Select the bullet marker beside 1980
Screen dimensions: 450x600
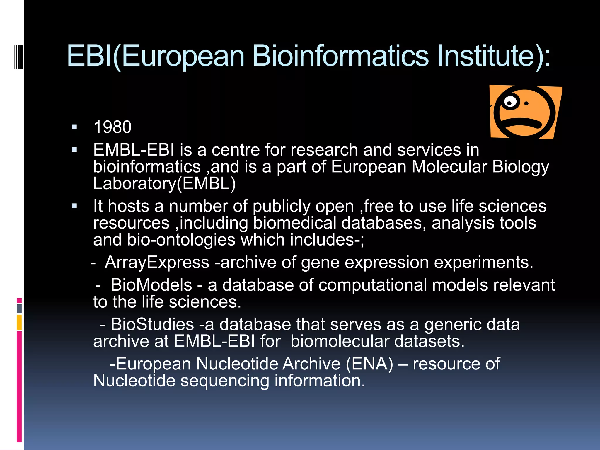point(74,127)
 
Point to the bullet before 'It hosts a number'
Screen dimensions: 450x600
point(74,206)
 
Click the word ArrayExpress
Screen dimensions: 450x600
point(157,262)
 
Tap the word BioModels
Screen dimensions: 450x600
point(151,285)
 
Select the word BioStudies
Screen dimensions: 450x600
point(152,324)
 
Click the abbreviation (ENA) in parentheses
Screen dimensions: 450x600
point(369,364)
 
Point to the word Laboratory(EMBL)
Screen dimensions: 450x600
point(164,183)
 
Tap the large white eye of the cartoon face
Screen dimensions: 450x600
point(511,102)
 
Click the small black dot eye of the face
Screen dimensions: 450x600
point(526,103)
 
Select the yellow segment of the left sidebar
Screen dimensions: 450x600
point(19,322)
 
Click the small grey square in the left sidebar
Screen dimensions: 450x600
point(19,308)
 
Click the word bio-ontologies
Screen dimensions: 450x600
point(181,240)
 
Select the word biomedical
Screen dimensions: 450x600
point(295,223)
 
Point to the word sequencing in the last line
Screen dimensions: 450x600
point(225,381)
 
